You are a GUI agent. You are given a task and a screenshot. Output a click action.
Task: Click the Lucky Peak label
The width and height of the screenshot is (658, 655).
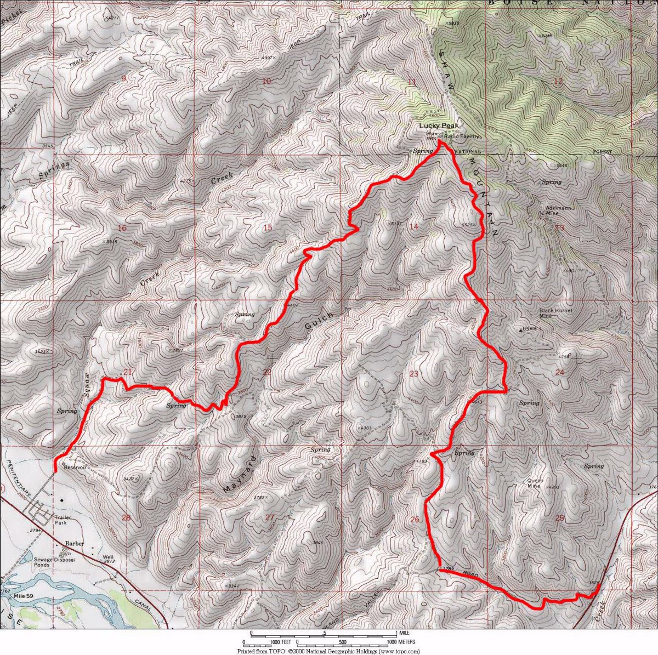pos(438,126)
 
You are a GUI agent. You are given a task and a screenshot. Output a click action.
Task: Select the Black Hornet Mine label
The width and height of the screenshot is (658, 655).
pos(555,313)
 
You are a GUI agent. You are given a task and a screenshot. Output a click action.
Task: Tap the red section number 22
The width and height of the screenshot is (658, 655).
pos(267,373)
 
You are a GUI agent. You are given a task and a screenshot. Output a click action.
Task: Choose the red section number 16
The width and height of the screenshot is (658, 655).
pos(122,228)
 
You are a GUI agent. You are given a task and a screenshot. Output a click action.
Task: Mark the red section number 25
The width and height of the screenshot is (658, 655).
pos(559,519)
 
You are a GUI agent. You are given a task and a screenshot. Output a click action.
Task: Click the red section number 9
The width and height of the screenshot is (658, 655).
pos(123,78)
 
